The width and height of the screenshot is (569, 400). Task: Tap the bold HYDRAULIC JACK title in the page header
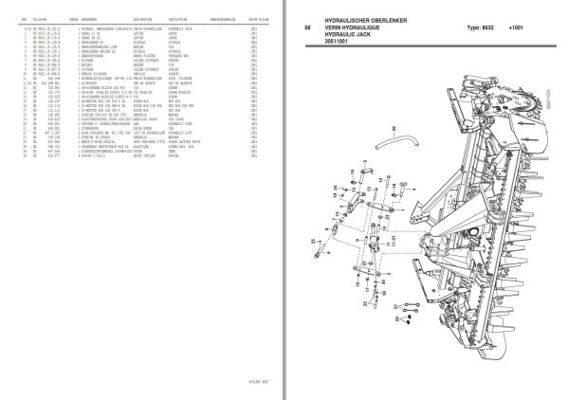pyautogui.click(x=338, y=42)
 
